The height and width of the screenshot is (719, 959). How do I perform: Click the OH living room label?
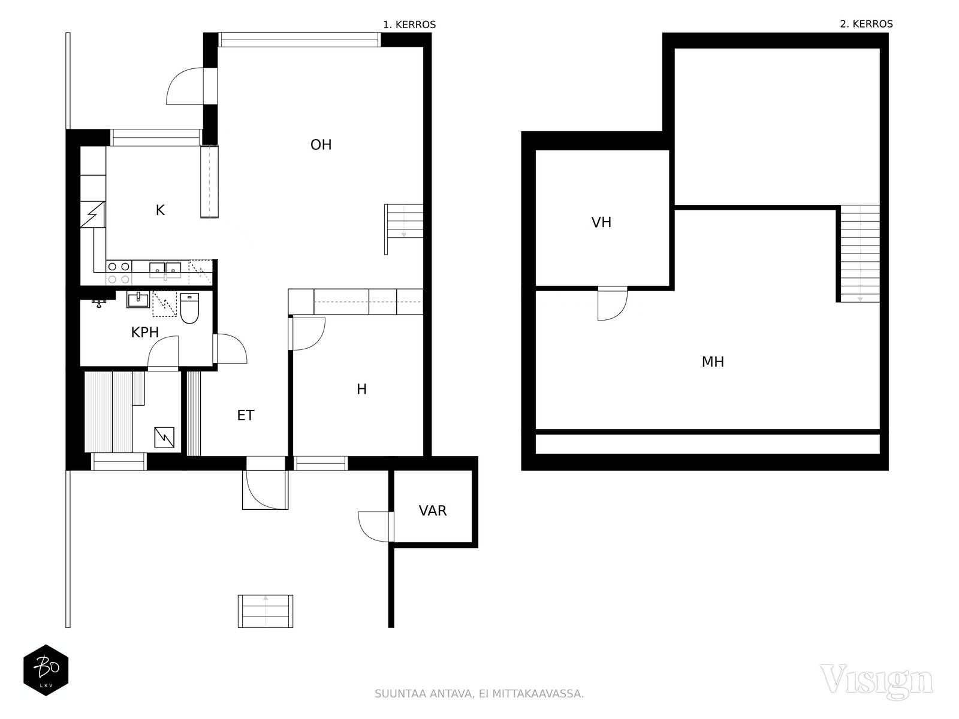tap(321, 145)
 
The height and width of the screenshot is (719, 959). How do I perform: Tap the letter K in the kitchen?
tap(161, 210)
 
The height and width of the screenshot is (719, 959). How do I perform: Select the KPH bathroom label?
tap(144, 333)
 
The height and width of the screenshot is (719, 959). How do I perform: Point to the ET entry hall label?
tap(246, 415)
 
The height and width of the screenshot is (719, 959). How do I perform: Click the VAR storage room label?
tap(433, 510)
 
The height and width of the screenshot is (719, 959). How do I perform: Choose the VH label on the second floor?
tap(601, 223)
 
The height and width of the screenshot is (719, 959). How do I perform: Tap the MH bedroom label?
tap(713, 362)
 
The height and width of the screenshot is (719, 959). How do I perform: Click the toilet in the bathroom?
tap(189, 308)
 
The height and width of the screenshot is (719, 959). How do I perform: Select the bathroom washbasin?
tap(138, 300)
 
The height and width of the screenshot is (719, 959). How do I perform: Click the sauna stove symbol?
tap(164, 437)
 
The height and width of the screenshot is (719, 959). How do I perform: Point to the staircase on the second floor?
tap(860, 253)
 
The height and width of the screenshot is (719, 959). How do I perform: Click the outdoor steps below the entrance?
tap(265, 611)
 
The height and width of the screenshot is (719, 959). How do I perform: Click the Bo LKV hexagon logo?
tap(46, 670)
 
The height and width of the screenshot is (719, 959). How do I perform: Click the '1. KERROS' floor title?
tap(409, 25)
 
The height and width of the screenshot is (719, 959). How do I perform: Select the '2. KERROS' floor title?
tap(866, 24)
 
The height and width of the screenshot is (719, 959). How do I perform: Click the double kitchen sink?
tap(165, 270)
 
